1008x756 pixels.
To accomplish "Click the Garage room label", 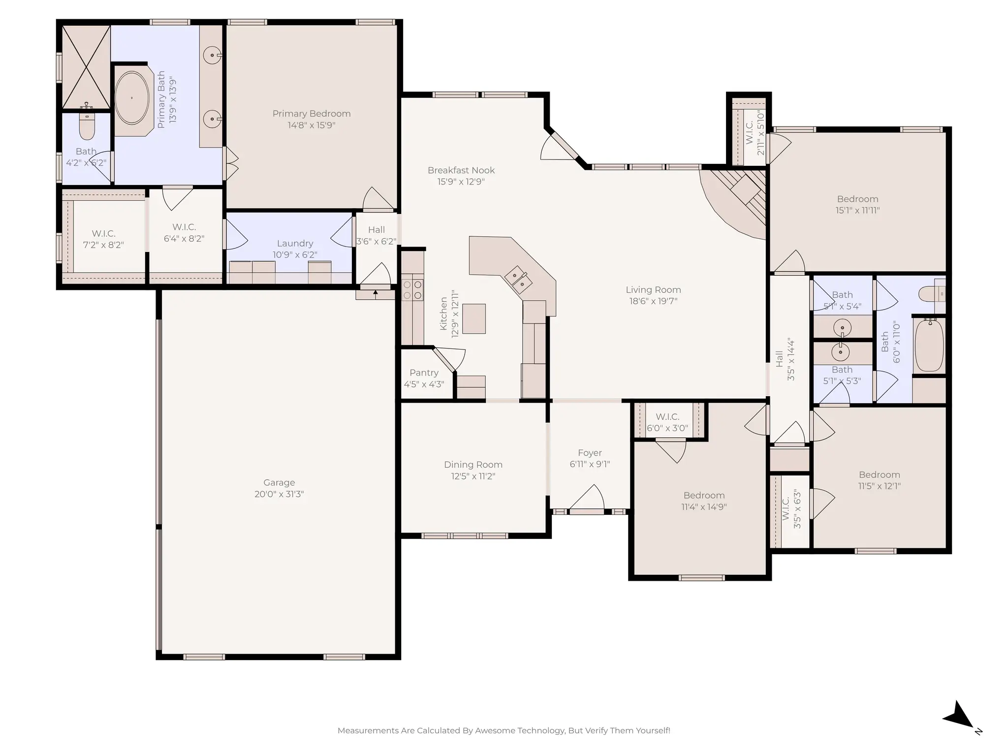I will (x=279, y=482).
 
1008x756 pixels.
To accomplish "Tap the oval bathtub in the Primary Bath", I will (x=132, y=98).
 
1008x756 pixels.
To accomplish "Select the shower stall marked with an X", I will (x=86, y=66).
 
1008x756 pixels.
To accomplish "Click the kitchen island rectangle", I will (x=474, y=318).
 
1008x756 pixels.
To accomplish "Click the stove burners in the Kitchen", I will (x=412, y=289).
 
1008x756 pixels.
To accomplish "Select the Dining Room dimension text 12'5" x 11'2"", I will (x=473, y=476).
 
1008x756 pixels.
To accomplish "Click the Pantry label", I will (x=424, y=373).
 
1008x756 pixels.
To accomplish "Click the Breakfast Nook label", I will (x=461, y=170).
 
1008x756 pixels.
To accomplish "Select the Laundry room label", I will (x=295, y=243).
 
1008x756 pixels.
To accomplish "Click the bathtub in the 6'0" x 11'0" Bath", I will (x=929, y=345).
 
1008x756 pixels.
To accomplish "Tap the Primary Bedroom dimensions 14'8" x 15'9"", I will (x=312, y=125).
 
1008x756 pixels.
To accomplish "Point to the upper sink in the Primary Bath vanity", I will (x=212, y=55).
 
